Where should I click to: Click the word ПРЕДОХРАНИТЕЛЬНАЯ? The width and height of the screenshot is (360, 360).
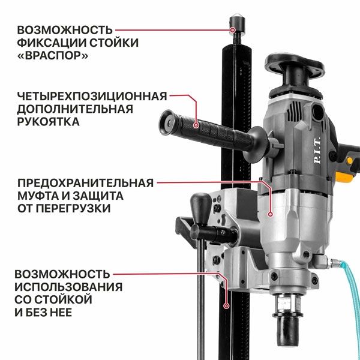[x=85, y=182]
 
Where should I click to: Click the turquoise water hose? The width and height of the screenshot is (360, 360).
[x=347, y=312]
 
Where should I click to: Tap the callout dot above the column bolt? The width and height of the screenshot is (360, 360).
[x=233, y=28]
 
